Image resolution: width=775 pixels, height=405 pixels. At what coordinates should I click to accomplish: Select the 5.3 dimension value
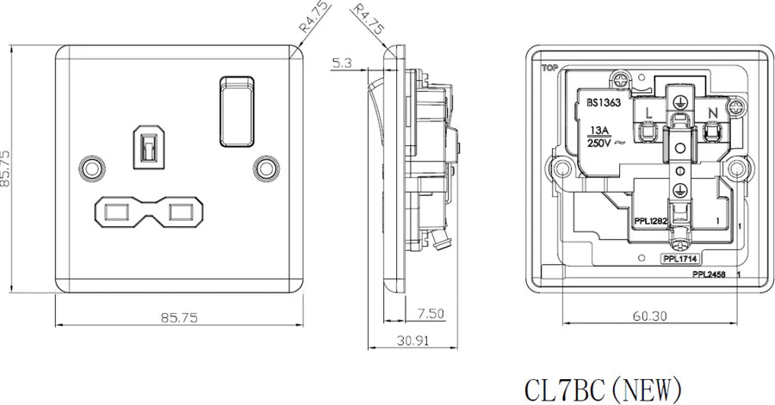click(341, 63)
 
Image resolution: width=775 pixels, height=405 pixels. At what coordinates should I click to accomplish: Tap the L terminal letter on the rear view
click(649, 113)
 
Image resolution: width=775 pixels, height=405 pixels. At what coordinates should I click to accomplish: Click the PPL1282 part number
click(650, 221)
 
